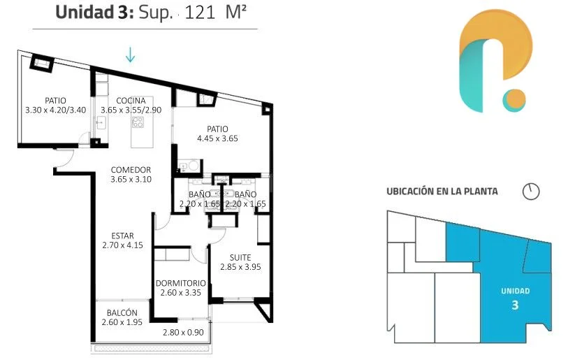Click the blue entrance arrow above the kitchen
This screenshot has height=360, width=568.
tap(130, 55)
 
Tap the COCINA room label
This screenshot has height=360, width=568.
tap(131, 101)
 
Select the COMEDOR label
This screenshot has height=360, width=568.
tap(131, 170)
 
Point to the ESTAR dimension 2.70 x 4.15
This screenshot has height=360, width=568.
tap(122, 245)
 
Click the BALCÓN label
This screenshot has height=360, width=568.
tap(122, 312)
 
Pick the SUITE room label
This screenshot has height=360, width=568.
tap(240, 257)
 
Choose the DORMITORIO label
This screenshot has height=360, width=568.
tap(181, 283)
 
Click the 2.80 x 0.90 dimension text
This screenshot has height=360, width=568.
tap(183, 332)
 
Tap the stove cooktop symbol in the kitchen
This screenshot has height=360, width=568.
tap(138, 122)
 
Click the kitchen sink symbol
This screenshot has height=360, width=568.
tap(101, 123)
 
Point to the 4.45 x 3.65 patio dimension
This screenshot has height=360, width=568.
tap(217, 138)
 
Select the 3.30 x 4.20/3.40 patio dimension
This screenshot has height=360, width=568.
tap(56, 110)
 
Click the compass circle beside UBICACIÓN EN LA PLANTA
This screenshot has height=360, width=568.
tap(531, 191)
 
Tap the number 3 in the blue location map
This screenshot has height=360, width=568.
tap(515, 305)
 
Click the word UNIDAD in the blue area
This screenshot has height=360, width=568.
tap(516, 291)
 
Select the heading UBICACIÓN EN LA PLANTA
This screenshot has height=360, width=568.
tap(442, 192)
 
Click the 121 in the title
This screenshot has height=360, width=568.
tap(200, 13)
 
